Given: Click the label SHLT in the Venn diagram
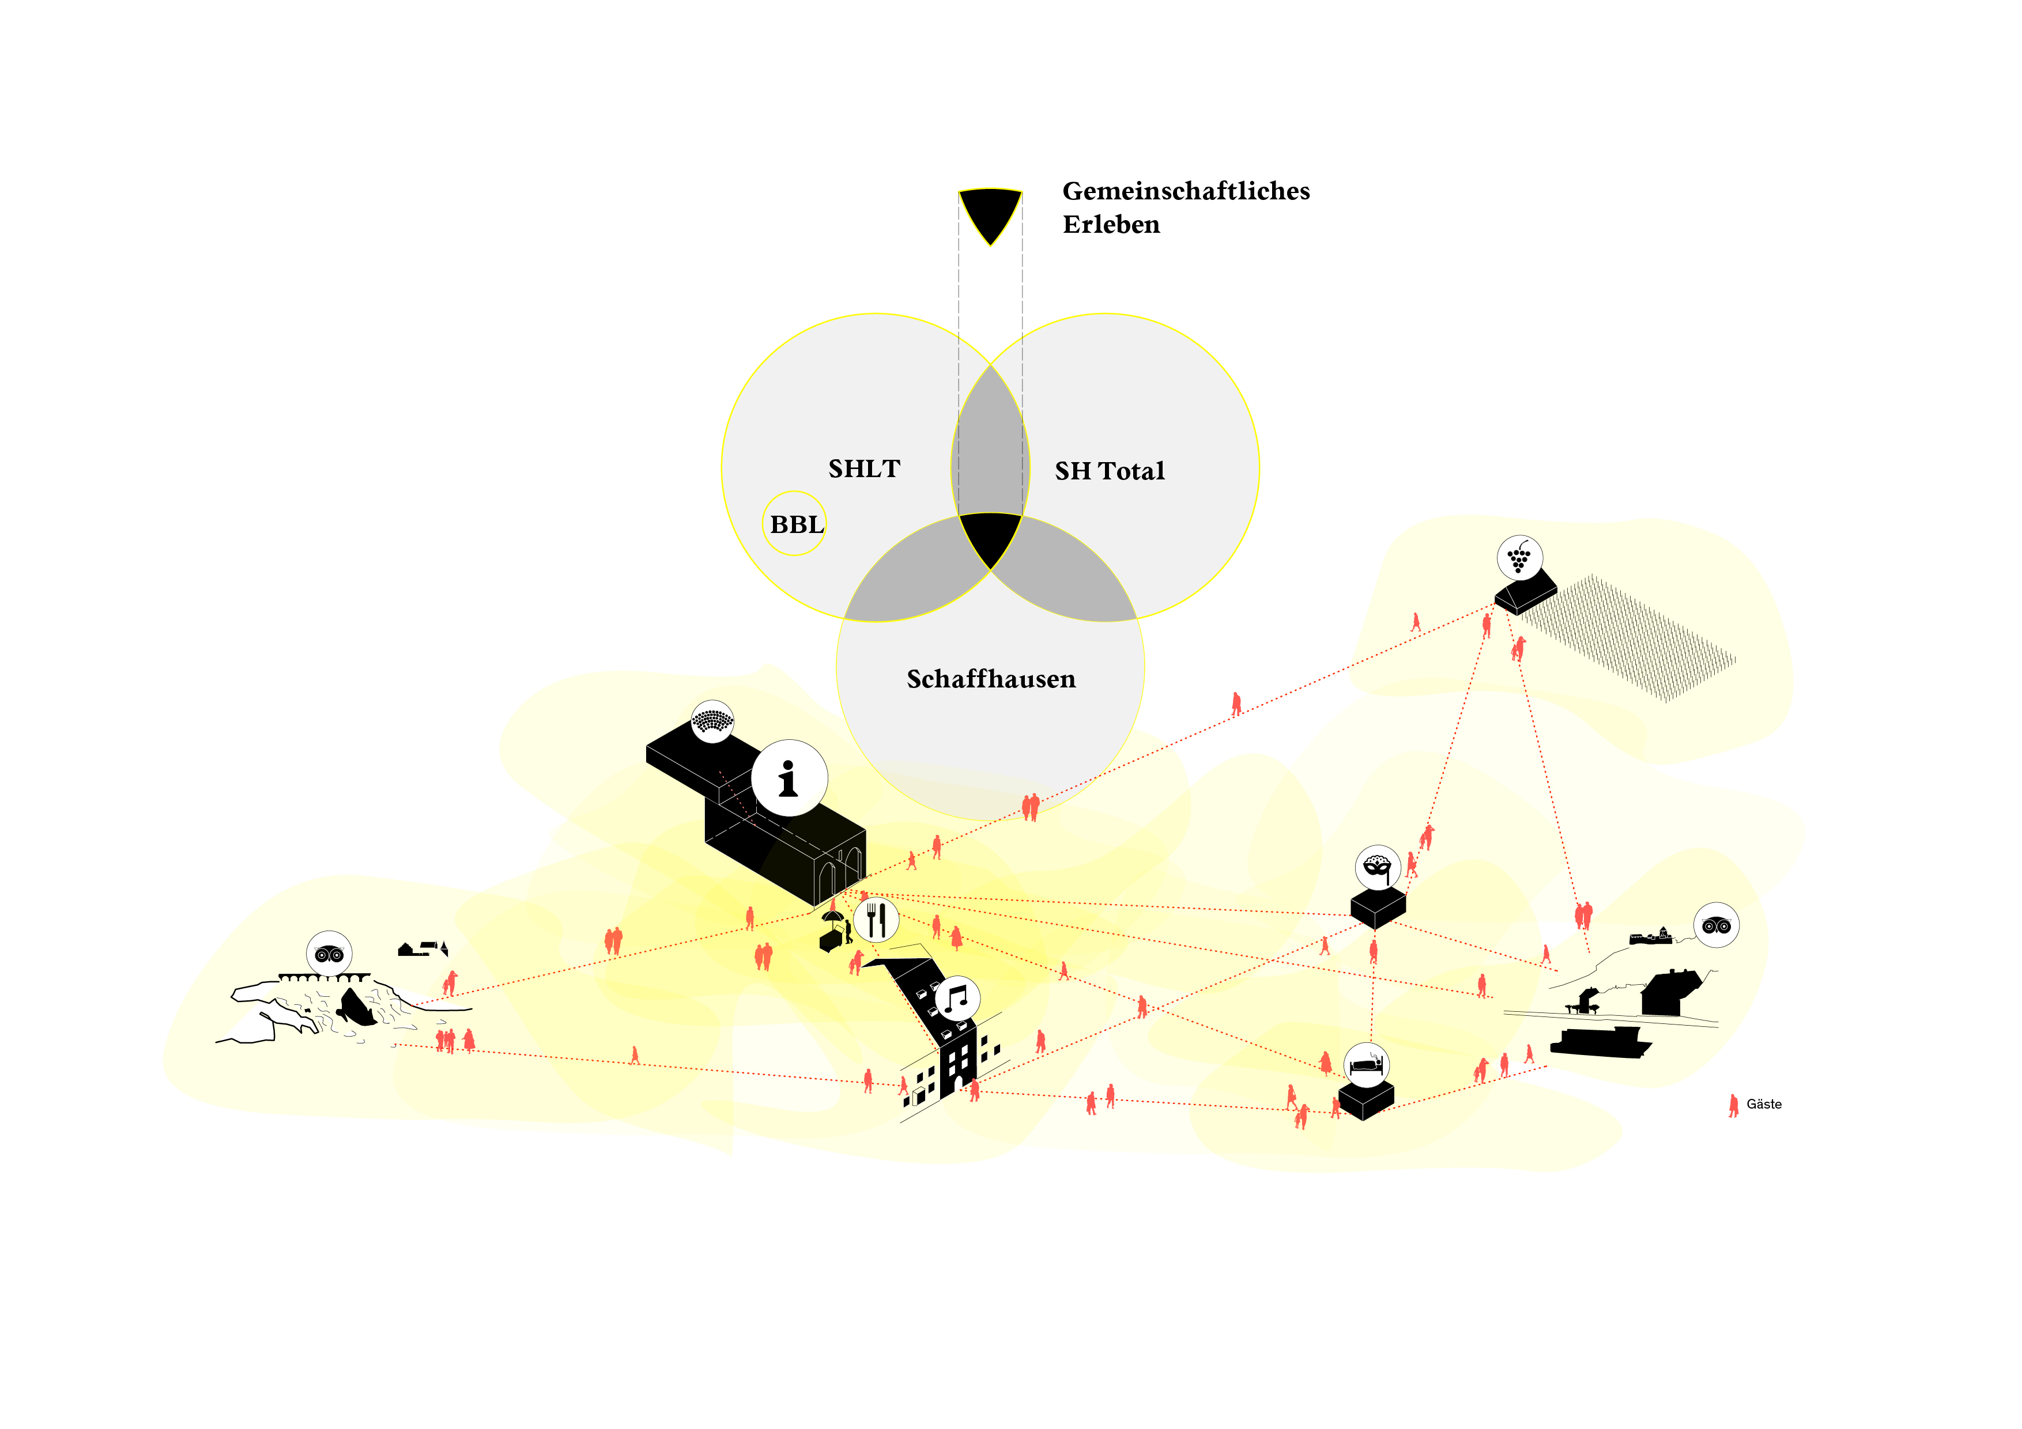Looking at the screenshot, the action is click(x=864, y=468).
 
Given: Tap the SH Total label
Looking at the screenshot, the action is click(x=1110, y=471).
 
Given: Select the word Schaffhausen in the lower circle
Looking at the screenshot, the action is click(x=991, y=679).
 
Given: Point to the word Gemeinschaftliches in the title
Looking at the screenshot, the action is click(x=1186, y=191).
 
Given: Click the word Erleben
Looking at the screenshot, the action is click(x=1111, y=225).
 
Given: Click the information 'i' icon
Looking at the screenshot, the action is click(x=789, y=778).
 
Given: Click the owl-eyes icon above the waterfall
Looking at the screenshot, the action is click(x=329, y=954).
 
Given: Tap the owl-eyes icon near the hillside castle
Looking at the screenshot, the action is click(x=1717, y=925).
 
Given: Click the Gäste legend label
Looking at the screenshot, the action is click(x=1764, y=1104).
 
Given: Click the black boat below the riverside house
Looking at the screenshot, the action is click(x=1600, y=1042).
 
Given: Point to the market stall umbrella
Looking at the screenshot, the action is click(x=832, y=917).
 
